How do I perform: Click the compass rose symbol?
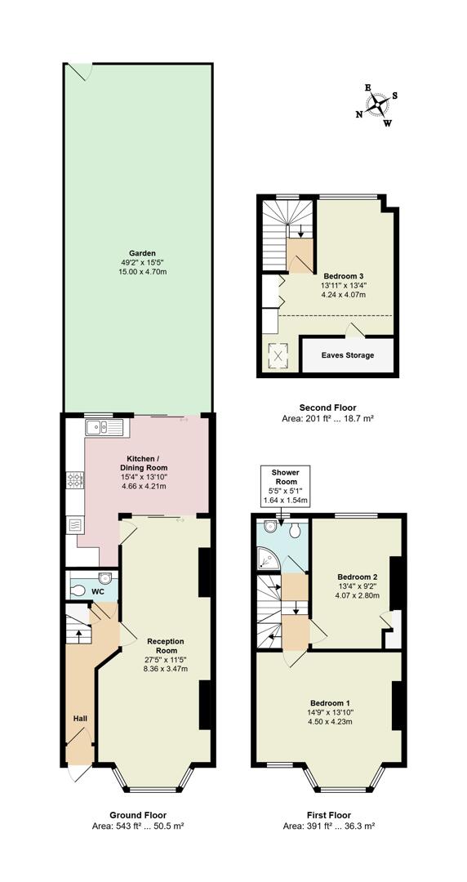[x=378, y=105]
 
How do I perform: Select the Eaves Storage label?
[x=348, y=355]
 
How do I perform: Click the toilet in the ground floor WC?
[x=79, y=590]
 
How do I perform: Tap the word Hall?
[x=81, y=719]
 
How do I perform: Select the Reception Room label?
[x=161, y=646]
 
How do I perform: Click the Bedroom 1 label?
[x=330, y=703]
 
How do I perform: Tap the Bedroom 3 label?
[x=344, y=276]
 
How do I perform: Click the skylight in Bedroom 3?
[x=277, y=355]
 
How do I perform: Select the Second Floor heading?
[x=327, y=408]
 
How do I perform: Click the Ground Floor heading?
[x=138, y=815]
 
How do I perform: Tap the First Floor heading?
[x=328, y=815]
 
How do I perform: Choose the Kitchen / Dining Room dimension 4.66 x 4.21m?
[x=143, y=487]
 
